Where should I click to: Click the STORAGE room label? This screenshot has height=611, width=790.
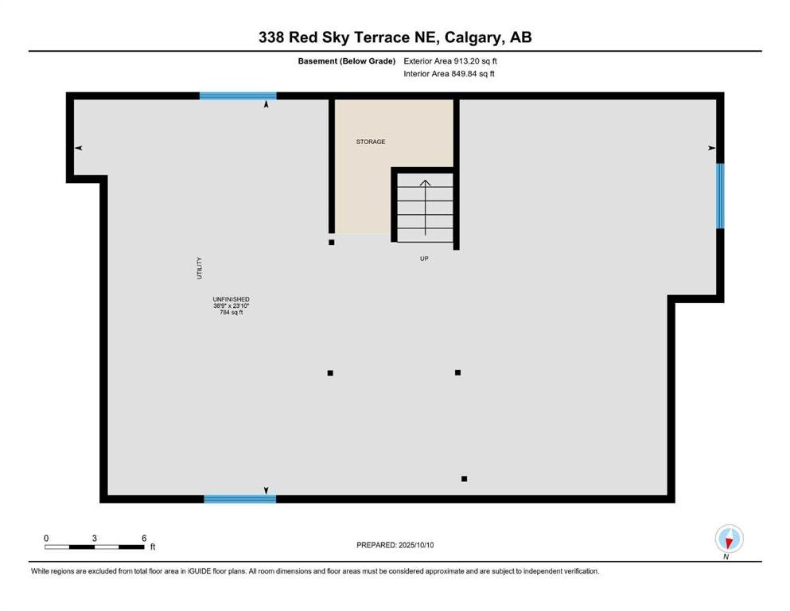pos(370,142)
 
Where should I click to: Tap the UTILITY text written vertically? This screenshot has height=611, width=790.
pos(200,268)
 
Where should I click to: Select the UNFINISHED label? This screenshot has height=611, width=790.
pos(231,299)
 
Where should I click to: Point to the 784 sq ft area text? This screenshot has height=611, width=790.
pos(232,313)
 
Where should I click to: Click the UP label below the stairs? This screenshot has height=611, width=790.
pos(424,259)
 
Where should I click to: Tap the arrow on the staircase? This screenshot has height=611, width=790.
pos(425,208)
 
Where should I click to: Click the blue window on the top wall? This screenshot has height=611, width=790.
pos(238,95)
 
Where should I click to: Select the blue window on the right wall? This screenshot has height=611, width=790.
pos(720,196)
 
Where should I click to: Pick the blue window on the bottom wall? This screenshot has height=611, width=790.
pos(239,499)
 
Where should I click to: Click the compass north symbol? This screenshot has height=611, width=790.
pos(729,539)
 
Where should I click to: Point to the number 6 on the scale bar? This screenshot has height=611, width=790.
pos(144,538)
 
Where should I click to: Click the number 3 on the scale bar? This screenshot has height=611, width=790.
pos(94,538)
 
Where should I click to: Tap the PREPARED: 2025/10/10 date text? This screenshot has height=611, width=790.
pos(395,545)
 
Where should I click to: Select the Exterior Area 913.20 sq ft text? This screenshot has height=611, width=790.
pos(450,61)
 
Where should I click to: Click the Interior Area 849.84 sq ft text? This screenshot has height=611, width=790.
pos(449,73)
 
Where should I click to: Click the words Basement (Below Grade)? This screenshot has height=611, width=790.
pos(347,61)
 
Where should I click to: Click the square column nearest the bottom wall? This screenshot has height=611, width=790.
pos(464,478)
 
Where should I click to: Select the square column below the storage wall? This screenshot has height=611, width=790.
pos(332,243)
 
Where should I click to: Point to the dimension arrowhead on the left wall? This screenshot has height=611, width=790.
pos(79,148)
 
